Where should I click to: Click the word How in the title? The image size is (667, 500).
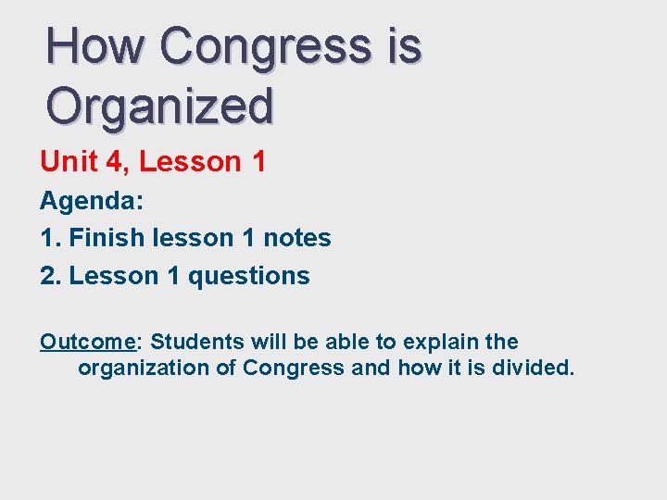coord(94,46)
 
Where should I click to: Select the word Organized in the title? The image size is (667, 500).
coord(160,106)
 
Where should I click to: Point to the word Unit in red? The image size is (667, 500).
coord(67,162)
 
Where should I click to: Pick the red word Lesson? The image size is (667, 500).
coord(190,162)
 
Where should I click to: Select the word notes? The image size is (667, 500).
coord(296,238)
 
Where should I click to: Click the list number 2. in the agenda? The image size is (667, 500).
coord(51,276)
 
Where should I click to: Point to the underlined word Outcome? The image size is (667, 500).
coord(88,342)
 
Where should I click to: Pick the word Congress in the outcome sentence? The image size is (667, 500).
coord(294,368)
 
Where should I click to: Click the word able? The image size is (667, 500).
coord(342,342)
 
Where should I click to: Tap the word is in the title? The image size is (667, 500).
coord(405,46)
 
